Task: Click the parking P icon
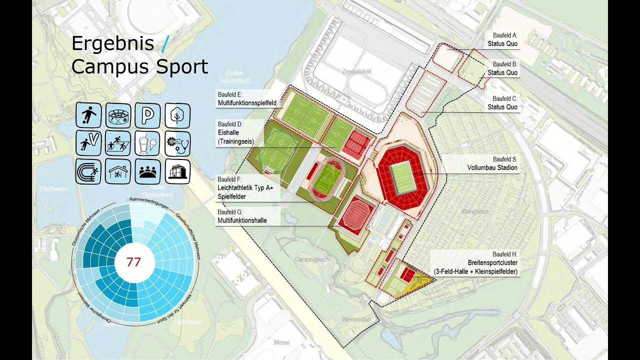click(148, 115)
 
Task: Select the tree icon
click(177, 115)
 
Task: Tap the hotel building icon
click(177, 171)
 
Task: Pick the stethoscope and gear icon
click(177, 143)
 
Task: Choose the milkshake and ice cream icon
click(148, 143)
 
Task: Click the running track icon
click(89, 171)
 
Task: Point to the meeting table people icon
click(148, 171)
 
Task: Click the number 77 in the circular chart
click(133, 262)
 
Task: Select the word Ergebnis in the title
click(112, 43)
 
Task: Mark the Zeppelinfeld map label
click(356, 72)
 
